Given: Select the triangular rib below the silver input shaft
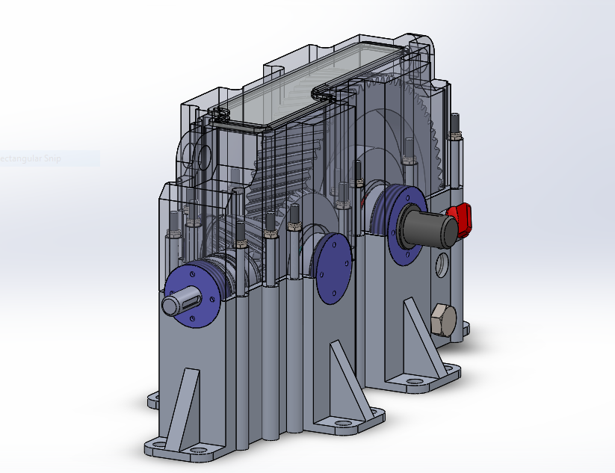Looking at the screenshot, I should pyautogui.click(x=182, y=407).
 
